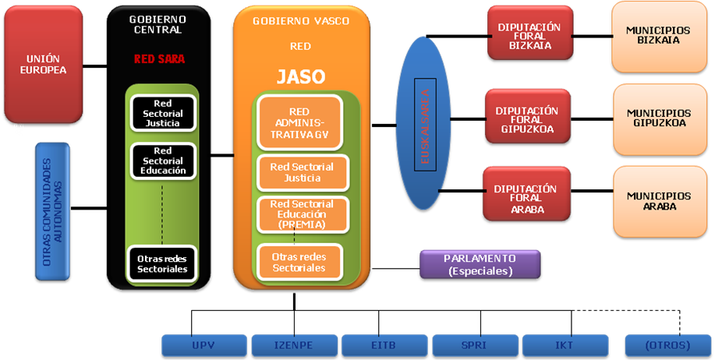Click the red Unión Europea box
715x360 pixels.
pyautogui.click(x=43, y=64)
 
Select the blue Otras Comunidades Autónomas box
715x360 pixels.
pyautogui.click(x=52, y=210)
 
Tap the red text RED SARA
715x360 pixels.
pyautogui.click(x=159, y=58)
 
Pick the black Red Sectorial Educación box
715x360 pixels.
pyautogui.click(x=162, y=161)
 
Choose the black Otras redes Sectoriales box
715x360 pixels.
pyautogui.click(x=162, y=263)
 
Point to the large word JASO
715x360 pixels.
pyautogui.click(x=300, y=76)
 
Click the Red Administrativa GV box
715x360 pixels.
pyautogui.click(x=299, y=122)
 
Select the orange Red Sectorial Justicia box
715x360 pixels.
pyautogui.click(x=301, y=173)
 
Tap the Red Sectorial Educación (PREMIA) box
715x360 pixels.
pyautogui.click(x=301, y=214)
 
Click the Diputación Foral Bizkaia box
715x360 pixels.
pyautogui.click(x=529, y=33)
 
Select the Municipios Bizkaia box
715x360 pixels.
pyautogui.click(x=658, y=36)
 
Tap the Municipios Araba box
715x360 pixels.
pyautogui.click(x=658, y=201)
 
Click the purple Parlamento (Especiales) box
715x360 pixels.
pyautogui.click(x=480, y=264)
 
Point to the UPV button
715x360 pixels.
pyautogui.click(x=204, y=345)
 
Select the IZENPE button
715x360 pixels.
pyautogui.click(x=294, y=345)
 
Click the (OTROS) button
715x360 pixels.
pyautogui.click(x=668, y=345)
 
